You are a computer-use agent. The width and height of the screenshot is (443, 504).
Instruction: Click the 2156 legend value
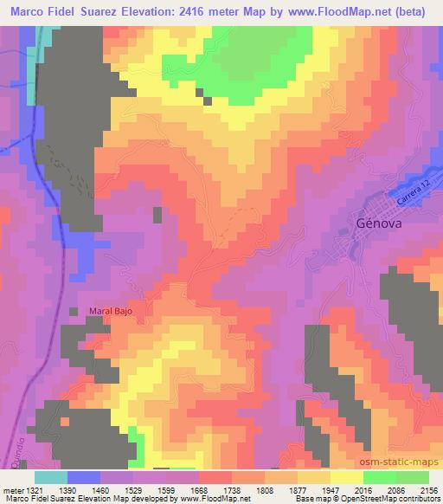(428, 488)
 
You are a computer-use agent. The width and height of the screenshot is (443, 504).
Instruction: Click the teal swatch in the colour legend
(51, 477)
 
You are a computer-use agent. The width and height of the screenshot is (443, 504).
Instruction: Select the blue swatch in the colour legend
(84, 477)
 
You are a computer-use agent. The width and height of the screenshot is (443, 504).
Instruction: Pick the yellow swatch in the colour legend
(346, 477)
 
